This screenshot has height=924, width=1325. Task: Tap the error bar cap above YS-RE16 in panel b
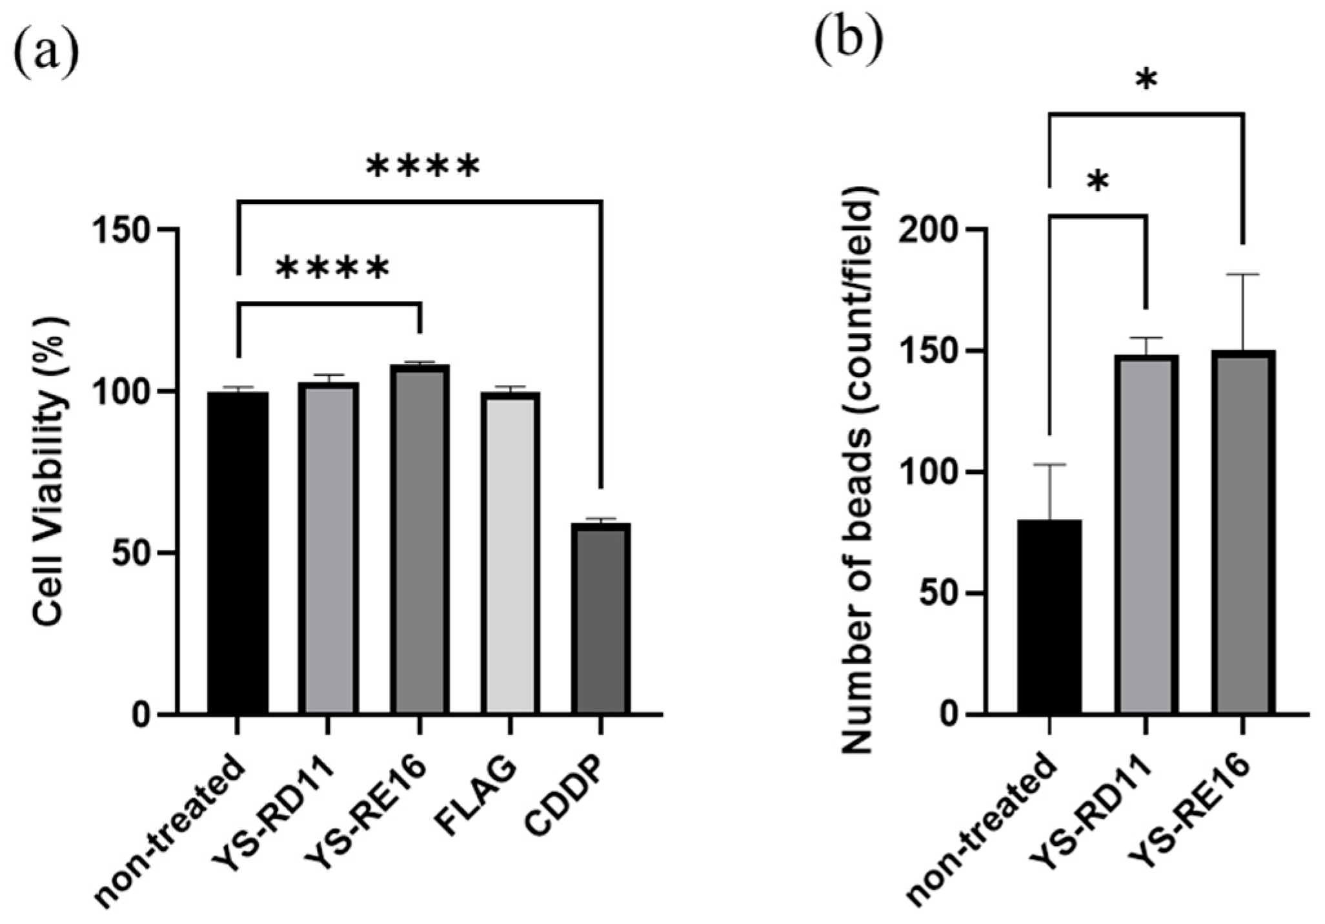pyautogui.click(x=1243, y=274)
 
